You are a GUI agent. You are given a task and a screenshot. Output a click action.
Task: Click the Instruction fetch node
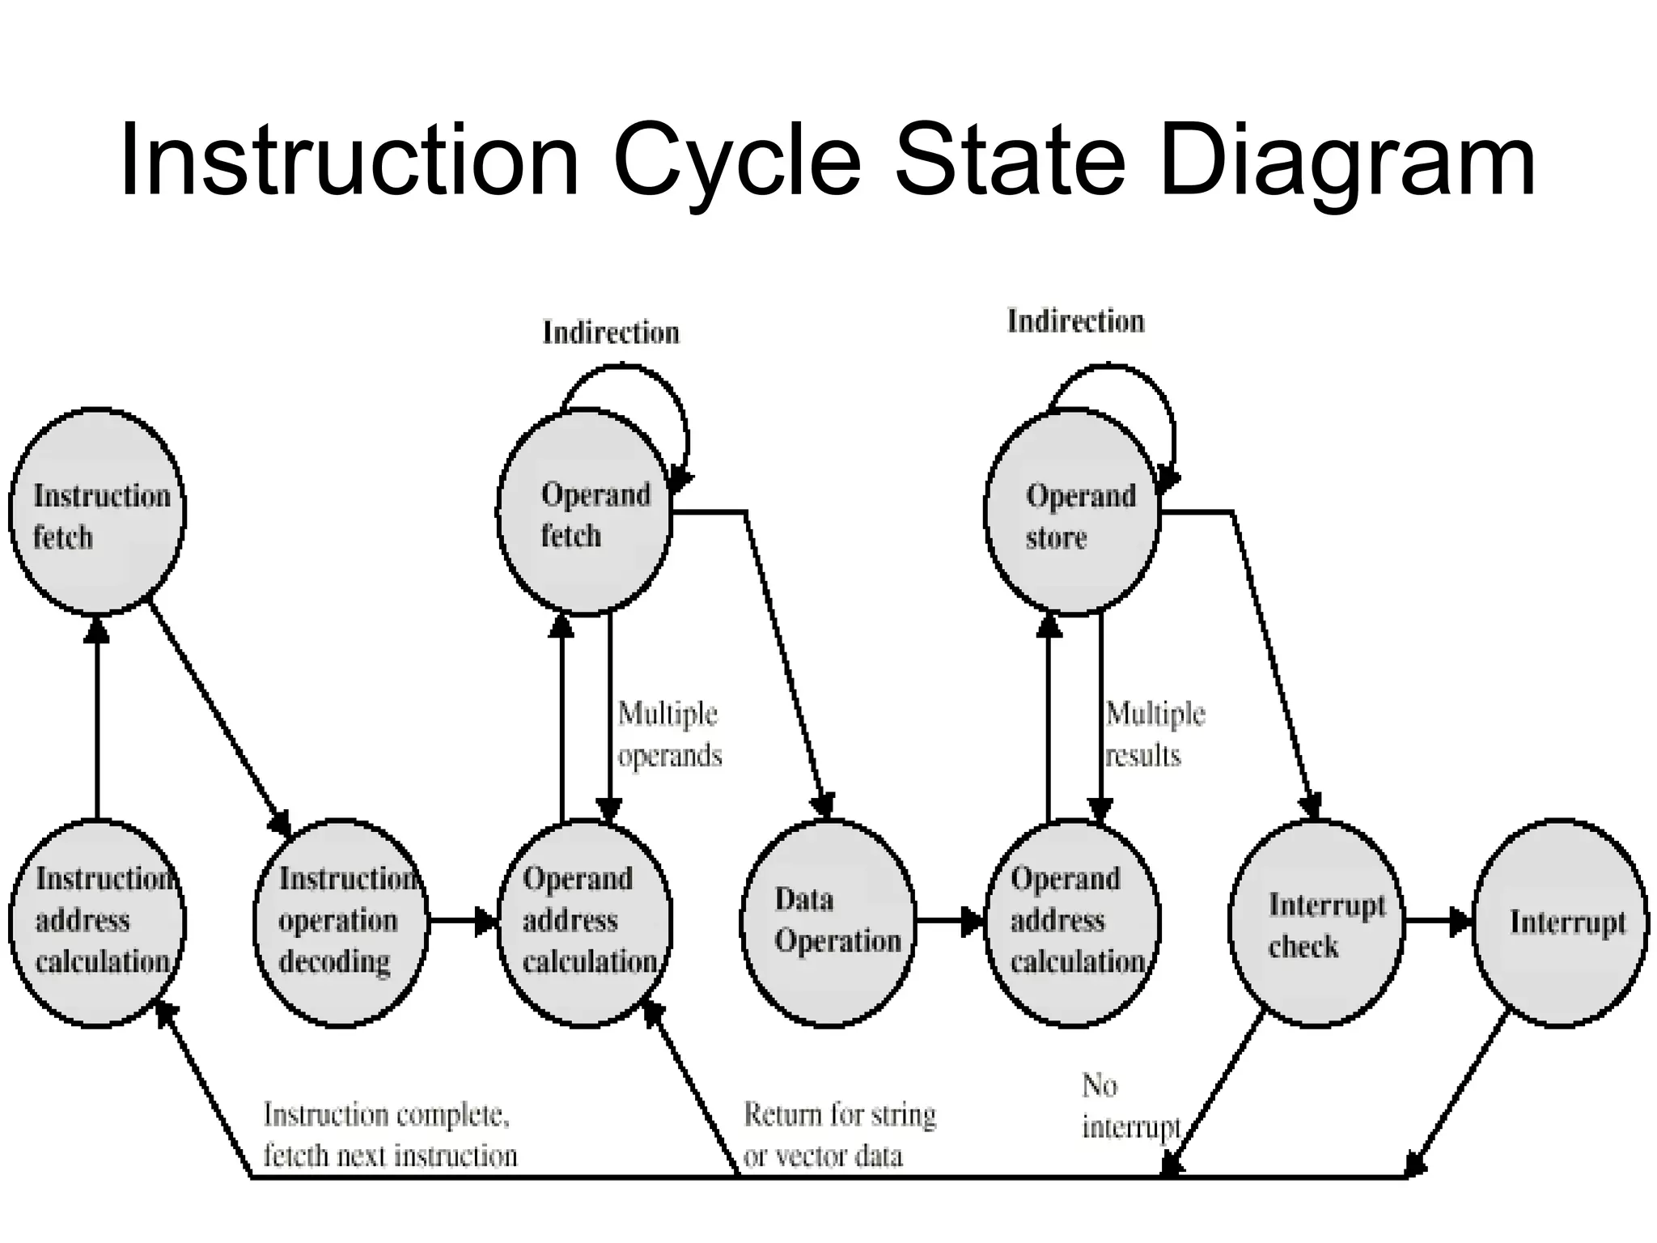(97, 511)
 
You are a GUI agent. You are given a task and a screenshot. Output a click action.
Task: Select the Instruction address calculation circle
(97, 923)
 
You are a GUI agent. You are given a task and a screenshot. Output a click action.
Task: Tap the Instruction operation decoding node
(341, 923)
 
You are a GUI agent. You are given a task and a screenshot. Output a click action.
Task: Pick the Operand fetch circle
(584, 511)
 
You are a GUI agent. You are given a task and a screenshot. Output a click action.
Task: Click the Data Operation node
(828, 923)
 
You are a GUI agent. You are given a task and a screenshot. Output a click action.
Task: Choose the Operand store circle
(1072, 511)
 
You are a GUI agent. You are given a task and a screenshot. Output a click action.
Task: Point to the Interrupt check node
(1316, 923)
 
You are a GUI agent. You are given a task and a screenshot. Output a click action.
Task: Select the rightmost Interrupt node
(1560, 923)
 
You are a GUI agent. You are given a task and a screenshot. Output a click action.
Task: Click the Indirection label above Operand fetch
(611, 333)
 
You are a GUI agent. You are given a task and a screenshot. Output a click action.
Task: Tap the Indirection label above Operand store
(1075, 321)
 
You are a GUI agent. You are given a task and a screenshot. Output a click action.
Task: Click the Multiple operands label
(669, 735)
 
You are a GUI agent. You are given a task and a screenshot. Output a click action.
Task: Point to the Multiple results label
(1155, 735)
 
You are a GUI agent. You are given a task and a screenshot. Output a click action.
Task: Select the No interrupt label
(1129, 1106)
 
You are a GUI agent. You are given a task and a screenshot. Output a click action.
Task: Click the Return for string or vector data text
(838, 1135)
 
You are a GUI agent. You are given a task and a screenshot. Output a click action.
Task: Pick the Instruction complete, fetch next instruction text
(389, 1135)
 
